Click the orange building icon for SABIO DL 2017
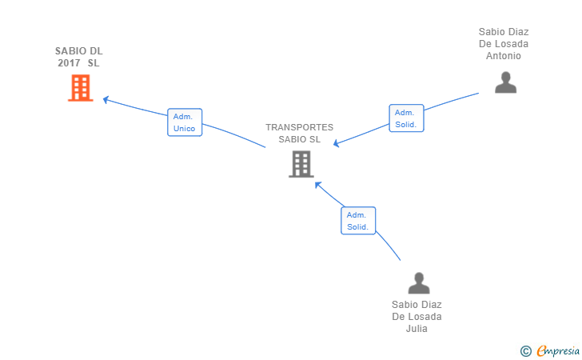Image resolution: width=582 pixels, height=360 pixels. coord(80,88)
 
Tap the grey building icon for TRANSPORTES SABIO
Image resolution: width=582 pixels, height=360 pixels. coord(301,164)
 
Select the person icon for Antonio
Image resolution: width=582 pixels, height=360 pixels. coord(505,82)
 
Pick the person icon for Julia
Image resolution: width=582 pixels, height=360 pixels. coord(418,283)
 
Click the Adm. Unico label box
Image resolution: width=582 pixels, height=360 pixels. coord(184,122)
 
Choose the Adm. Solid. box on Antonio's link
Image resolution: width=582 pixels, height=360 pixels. coord(406,118)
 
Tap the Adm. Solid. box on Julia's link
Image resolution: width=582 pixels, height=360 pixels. coord(357,221)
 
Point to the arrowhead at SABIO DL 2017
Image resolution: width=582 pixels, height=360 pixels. coord(106,100)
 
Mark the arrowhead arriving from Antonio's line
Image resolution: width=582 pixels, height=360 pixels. coord(337,144)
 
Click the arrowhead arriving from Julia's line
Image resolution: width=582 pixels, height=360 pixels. coord(317,184)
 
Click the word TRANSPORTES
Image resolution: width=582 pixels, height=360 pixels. coord(299,127)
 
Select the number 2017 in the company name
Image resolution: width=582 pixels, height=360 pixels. coord(69,63)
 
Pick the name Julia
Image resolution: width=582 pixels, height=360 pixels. coord(417,329)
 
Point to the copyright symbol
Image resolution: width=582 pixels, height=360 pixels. coord(525,350)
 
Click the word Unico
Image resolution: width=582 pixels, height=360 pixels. coord(184,129)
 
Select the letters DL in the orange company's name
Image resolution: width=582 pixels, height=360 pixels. coord(95,51)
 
